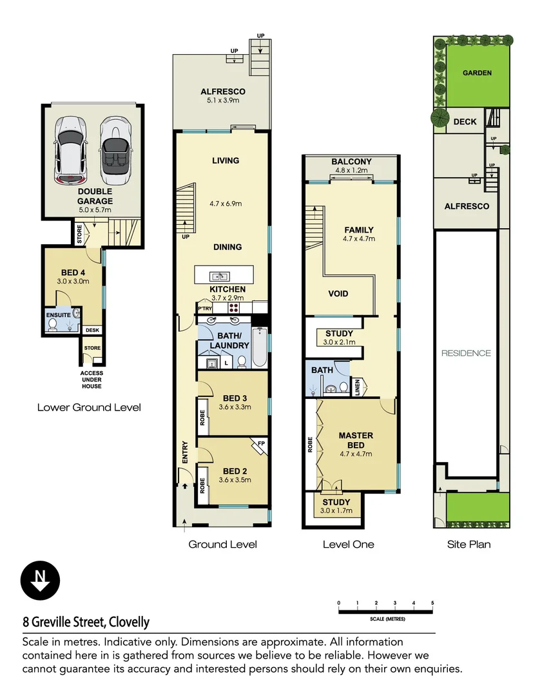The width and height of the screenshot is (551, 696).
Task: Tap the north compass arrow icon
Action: [x=40, y=580]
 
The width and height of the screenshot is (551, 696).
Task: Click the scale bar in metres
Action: [x=385, y=610]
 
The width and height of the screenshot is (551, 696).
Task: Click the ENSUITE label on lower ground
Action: [x=59, y=315]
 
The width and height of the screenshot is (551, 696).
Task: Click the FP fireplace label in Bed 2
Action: [x=261, y=444]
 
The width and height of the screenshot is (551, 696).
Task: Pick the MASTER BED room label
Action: [x=356, y=441]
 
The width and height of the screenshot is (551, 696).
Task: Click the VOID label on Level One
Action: [x=338, y=294]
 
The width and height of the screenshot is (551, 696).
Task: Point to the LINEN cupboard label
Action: [x=358, y=388]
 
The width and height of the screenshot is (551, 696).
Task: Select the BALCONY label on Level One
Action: [x=351, y=162]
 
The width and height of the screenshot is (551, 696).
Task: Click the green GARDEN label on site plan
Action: [x=477, y=73]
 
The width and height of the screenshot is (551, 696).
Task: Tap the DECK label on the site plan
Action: [x=465, y=122]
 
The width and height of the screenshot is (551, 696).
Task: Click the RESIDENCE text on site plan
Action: [x=466, y=353]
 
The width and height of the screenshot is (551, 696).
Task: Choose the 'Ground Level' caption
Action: [x=222, y=545]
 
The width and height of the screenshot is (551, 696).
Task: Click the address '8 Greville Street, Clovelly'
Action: [x=86, y=623]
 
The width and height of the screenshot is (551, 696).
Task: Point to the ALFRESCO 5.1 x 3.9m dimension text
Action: [x=222, y=101]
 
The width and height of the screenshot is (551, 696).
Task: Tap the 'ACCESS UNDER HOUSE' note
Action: [x=92, y=380]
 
